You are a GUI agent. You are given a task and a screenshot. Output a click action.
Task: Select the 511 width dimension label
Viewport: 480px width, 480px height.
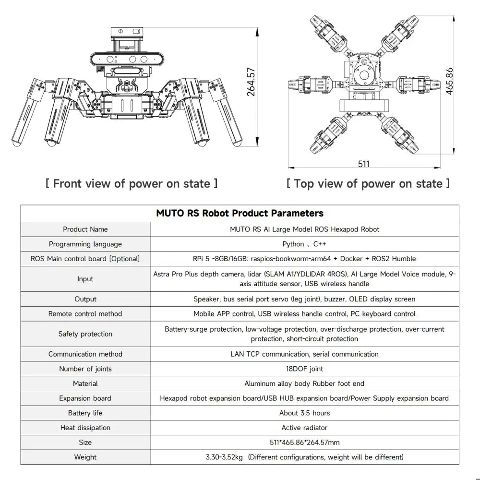(364, 164)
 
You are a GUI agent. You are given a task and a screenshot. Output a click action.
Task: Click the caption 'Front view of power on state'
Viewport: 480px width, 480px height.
(131, 183)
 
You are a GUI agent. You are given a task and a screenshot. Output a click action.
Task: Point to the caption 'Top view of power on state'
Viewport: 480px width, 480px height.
(368, 183)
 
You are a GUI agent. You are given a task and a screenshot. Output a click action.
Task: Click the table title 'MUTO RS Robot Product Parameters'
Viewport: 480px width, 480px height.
(240, 213)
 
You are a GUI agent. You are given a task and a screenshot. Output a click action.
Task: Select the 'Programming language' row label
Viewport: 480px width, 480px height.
(85, 244)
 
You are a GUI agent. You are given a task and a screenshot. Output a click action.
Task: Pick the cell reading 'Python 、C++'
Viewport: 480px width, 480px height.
(304, 244)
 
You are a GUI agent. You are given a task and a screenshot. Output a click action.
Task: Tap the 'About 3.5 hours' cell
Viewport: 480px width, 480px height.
(304, 413)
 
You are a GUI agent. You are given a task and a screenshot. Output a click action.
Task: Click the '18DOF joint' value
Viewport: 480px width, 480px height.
(304, 369)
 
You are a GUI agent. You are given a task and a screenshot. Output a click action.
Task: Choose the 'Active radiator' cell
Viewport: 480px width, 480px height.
(304, 428)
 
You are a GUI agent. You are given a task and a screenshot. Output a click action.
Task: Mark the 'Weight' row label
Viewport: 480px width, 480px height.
(85, 457)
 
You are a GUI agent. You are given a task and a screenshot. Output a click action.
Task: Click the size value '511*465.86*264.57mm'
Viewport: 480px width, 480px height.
(304, 442)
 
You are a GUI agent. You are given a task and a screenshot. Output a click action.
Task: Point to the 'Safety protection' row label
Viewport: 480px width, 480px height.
(85, 334)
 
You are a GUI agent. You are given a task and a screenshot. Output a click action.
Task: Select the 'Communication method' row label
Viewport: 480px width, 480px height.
(85, 354)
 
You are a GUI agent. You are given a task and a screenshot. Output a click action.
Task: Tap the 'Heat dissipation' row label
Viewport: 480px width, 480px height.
(85, 428)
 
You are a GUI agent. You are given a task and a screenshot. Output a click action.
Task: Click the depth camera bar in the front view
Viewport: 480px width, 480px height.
(127, 60)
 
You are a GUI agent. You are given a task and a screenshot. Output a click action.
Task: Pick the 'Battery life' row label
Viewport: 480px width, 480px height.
(85, 413)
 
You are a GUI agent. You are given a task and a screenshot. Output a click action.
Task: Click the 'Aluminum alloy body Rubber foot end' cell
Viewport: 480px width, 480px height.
(304, 384)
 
